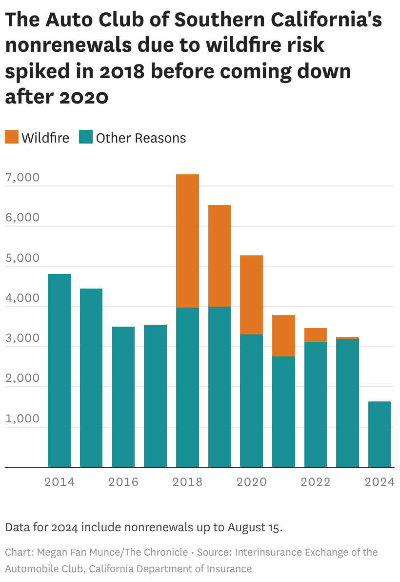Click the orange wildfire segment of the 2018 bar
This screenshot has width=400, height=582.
pos(187,241)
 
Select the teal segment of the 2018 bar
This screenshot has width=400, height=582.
pos(187,387)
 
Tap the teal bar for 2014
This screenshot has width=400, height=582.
pos(59,371)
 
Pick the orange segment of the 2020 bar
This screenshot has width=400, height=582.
pos(251,295)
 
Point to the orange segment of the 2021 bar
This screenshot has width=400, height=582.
pos(283,335)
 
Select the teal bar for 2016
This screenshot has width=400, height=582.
pos(123,397)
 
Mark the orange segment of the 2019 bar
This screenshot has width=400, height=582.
pos(219,256)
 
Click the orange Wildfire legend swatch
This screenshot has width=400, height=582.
pos(12,137)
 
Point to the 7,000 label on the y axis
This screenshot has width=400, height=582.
pos(22,178)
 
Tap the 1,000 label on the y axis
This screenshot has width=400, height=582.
pos(22,418)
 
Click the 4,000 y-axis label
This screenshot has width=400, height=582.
pos(22,298)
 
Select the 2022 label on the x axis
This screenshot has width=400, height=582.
pos(315,482)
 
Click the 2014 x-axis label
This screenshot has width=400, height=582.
pos(59,482)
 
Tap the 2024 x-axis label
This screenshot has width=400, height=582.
pos(379,482)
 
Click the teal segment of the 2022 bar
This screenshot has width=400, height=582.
pos(315,405)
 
